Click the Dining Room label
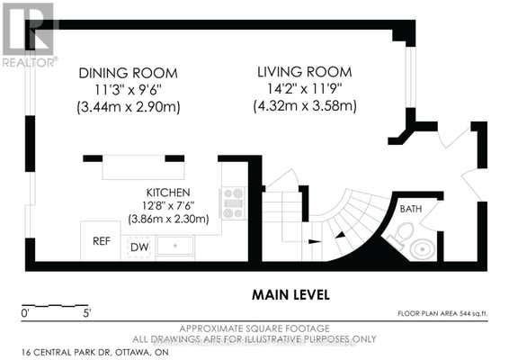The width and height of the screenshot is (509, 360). (x=129, y=73)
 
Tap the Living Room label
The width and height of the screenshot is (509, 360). (x=305, y=72)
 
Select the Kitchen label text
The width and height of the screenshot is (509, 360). (x=168, y=193)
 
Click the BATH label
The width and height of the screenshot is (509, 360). (x=411, y=209)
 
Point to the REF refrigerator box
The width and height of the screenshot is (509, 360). (x=101, y=240)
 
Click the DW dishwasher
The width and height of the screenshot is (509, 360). (x=138, y=247)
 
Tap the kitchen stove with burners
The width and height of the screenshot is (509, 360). (x=233, y=203)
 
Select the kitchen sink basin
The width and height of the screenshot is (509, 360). (x=175, y=246)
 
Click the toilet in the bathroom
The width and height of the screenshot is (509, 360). (x=400, y=235)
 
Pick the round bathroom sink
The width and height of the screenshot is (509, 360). (x=423, y=248)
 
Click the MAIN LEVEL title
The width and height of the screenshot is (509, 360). (x=290, y=295)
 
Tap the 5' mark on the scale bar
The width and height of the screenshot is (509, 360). (x=87, y=313)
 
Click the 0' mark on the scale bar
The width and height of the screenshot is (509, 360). (x=25, y=313)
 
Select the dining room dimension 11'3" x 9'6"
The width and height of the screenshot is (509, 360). (x=129, y=90)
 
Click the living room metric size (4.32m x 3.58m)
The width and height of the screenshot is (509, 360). (x=305, y=106)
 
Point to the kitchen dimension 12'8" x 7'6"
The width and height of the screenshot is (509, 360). (x=168, y=206)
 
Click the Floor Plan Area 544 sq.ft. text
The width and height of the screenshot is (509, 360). (x=442, y=313)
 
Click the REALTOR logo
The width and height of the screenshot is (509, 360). (x=30, y=34)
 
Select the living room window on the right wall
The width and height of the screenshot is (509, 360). (x=411, y=77)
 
